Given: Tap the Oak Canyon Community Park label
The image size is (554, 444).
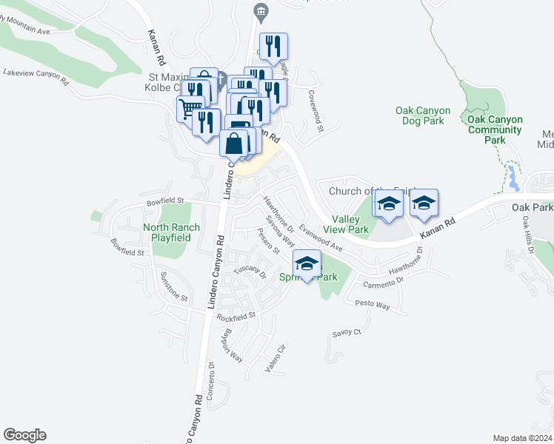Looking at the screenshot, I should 495,129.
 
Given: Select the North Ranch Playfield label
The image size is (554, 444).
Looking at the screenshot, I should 167,232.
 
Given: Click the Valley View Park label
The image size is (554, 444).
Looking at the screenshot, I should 351,224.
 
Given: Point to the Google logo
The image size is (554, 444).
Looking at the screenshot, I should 24,435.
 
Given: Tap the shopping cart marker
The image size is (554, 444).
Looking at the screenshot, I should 190,110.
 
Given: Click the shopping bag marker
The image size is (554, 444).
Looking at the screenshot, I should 234,142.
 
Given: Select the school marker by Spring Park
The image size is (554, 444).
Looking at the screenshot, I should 307,262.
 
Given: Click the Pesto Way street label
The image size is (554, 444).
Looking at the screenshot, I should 372,304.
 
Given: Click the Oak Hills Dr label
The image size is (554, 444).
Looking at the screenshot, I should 527,236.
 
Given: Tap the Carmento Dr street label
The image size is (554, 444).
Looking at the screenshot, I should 383,282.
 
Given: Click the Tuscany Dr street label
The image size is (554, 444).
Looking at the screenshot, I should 250,272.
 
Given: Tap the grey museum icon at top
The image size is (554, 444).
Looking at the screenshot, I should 260,10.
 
